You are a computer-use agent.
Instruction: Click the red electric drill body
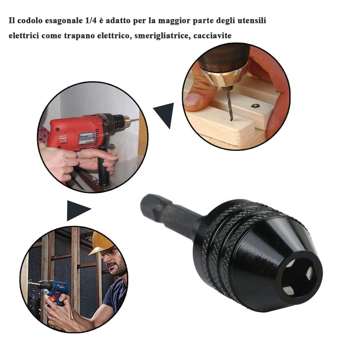click(72, 133)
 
